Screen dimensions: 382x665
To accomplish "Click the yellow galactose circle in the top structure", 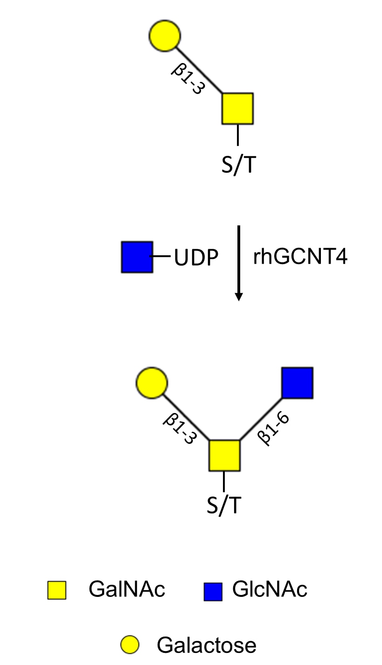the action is tap(165, 36).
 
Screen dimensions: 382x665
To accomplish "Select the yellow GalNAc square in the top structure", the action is tap(237, 109).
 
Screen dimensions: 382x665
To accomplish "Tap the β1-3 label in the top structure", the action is tap(188, 79).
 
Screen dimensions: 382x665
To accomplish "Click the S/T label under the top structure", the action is tap(239, 165).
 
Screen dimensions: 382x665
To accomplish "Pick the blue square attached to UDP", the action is tap(137, 257).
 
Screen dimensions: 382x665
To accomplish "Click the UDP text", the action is tap(196, 257).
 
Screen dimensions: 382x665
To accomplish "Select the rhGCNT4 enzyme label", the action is tap(300, 257).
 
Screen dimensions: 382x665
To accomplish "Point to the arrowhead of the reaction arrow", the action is tap(239, 297).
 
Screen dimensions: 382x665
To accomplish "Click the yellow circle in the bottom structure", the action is tap(152, 383).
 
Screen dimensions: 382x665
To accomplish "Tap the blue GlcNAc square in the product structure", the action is tap(298, 383).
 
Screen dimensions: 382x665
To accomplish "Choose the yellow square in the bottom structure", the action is tap(224, 456).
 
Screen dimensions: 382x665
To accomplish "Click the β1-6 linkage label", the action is tap(273, 429).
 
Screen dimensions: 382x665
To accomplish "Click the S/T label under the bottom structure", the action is tap(224, 505).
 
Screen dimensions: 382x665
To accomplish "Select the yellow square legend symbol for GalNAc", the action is tap(57, 590).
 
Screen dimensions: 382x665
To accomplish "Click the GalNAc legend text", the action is tap(127, 589).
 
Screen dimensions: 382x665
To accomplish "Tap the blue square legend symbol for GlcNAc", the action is tap(213, 592).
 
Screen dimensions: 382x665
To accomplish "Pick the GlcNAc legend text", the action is tap(270, 589).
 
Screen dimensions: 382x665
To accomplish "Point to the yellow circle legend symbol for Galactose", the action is tap(129, 644).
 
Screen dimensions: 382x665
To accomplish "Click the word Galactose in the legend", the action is tap(207, 644).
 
